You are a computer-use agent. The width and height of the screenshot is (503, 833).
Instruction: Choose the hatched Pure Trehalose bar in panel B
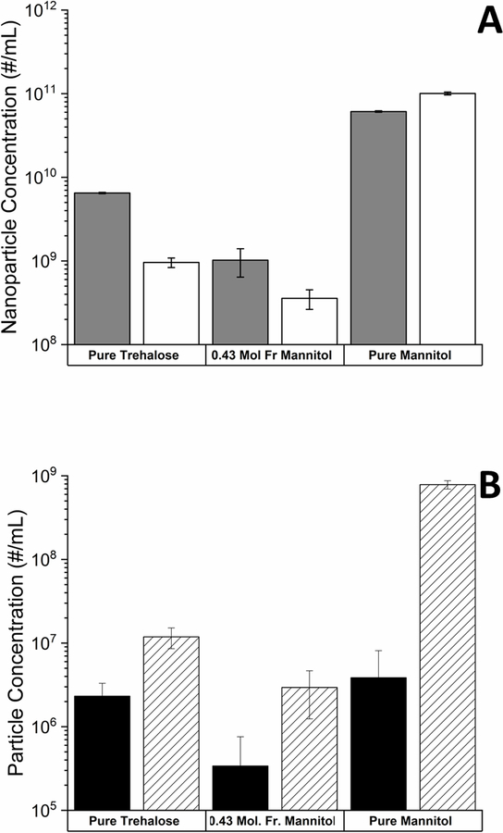170,723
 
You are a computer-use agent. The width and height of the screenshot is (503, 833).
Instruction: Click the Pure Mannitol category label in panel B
412,821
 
